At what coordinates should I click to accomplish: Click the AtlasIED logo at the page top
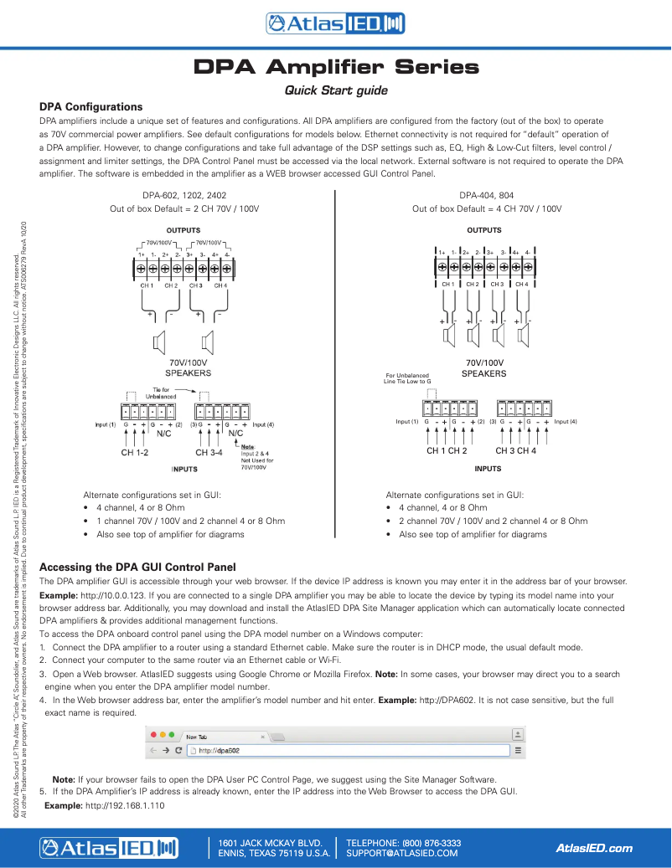tap(335, 24)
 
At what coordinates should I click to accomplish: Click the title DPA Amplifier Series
tap(336, 66)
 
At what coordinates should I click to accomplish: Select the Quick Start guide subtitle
tap(336, 90)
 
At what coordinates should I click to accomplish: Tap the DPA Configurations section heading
tap(91, 107)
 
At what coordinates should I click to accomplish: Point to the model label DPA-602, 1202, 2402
tap(185, 195)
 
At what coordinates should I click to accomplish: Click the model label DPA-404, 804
tap(487, 195)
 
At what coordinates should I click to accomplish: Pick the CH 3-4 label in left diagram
tap(209, 452)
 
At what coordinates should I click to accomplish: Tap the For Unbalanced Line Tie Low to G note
tap(406, 378)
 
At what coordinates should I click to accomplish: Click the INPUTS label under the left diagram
tap(184, 470)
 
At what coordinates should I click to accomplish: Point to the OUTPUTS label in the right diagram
tap(484, 230)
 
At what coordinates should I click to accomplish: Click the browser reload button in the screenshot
tap(179, 751)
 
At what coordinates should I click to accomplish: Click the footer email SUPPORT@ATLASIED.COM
tap(402, 853)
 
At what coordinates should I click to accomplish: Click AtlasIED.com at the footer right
tap(595, 848)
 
